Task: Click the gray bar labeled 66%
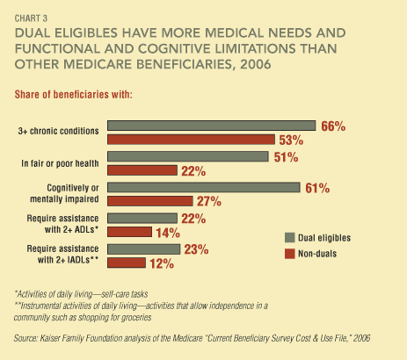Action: click(211, 126)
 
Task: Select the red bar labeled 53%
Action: click(191, 140)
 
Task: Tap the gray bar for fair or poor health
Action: click(188, 156)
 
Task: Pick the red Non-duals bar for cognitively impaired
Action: click(150, 201)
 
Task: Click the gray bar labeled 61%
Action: click(204, 187)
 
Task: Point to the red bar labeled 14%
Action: click(129, 232)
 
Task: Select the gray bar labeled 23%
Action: click(143, 249)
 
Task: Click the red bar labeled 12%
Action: click(127, 263)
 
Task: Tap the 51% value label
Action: click(286, 157)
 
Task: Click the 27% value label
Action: click(209, 201)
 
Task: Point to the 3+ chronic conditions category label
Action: click(59, 131)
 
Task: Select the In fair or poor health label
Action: click(60, 163)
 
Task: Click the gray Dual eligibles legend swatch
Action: click(290, 238)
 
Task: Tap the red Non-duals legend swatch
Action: click(290, 254)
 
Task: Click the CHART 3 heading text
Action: click(31, 18)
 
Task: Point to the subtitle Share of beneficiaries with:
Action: click(74, 95)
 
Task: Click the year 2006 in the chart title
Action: click(256, 64)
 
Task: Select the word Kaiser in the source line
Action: click(49, 338)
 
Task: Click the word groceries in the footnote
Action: click(138, 318)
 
